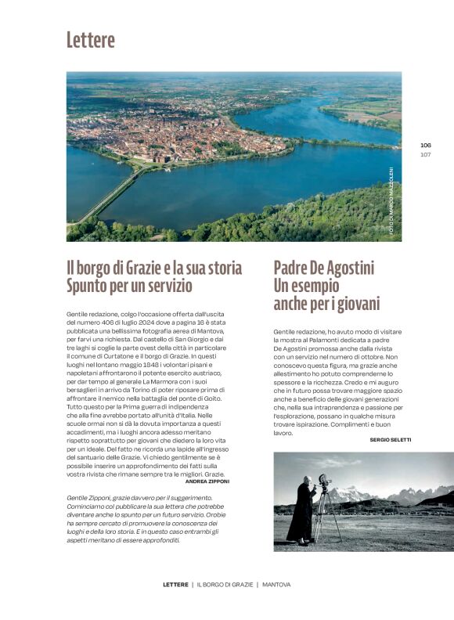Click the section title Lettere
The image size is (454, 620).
[91, 40]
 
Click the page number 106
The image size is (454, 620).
[426, 145]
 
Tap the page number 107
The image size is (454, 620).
[426, 154]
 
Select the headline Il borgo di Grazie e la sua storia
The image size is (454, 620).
[154, 269]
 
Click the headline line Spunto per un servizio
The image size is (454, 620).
[129, 286]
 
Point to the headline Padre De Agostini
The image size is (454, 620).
[324, 269]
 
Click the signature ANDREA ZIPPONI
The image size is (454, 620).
[202, 481]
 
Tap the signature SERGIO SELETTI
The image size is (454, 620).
[390, 440]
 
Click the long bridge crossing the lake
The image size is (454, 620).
[110, 196]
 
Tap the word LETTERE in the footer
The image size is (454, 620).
[175, 585]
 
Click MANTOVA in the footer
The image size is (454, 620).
[276, 585]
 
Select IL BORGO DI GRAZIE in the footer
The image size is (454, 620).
[225, 585]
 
